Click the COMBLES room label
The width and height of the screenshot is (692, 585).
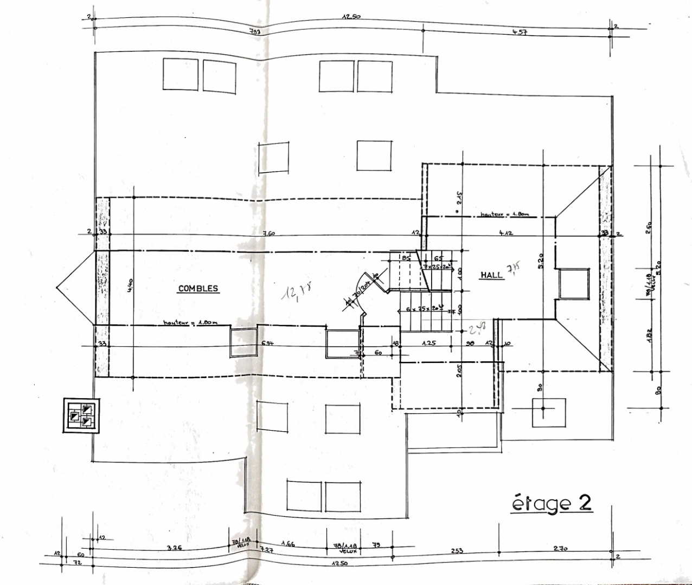click(198, 289)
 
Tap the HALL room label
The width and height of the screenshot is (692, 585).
click(491, 275)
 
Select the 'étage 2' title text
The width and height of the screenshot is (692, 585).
click(552, 503)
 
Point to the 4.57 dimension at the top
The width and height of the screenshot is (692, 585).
click(520, 33)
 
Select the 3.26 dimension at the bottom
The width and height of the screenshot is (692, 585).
click(175, 548)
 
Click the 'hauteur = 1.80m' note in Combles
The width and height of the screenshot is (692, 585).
click(190, 323)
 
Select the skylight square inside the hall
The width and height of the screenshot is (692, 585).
click(574, 283)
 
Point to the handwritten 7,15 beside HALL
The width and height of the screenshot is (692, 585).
click(513, 269)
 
